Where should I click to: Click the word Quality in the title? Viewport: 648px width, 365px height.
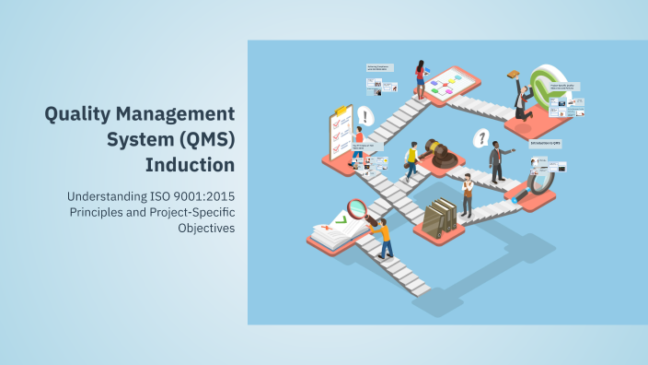pyautogui.click(x=76, y=114)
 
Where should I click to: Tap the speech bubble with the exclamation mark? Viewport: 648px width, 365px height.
pyautogui.click(x=366, y=117)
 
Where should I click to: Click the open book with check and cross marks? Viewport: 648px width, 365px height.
pyautogui.click(x=330, y=230)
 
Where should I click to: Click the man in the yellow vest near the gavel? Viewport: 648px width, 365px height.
pyautogui.click(x=412, y=160)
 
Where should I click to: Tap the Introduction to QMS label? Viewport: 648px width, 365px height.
pyautogui.click(x=546, y=144)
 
